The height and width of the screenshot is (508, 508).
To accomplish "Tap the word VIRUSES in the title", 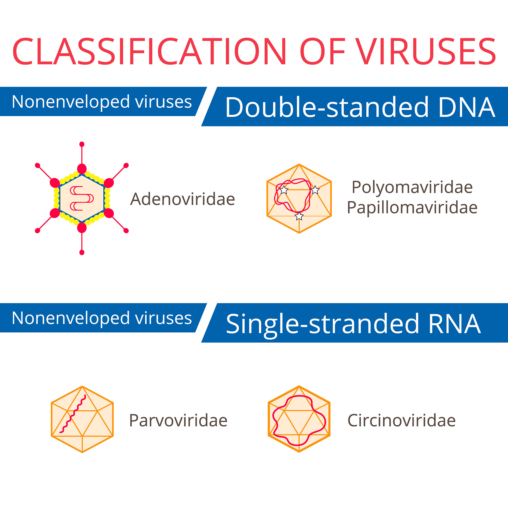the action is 426,51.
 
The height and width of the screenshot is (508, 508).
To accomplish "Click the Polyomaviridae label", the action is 412,188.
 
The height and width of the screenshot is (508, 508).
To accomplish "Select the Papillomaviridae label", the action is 412,208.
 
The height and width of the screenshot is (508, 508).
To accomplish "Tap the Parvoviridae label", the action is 178,420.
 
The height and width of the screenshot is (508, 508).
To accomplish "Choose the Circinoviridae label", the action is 402,420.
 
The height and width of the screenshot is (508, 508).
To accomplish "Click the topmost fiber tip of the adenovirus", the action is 82,144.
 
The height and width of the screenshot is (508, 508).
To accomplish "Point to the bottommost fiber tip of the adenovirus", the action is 82,253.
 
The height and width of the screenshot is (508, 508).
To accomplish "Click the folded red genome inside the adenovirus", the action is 82,198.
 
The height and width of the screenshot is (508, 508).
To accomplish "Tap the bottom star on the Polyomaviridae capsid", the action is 299,216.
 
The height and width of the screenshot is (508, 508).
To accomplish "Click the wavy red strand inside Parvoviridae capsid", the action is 72,414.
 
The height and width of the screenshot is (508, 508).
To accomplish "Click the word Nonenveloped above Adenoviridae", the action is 71,102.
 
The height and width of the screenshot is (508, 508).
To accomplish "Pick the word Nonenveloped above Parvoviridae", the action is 71,318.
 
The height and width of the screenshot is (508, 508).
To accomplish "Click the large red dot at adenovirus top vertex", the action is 82,169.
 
